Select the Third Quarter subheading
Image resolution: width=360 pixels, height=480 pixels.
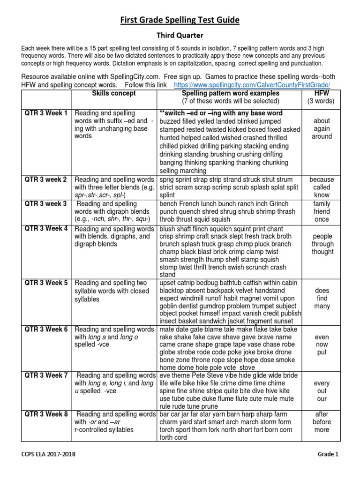pyautogui.click(x=180, y=35)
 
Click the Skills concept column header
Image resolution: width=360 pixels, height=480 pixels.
pyautogui.click(x=114, y=93)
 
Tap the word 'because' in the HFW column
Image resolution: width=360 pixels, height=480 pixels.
pyautogui.click(x=322, y=180)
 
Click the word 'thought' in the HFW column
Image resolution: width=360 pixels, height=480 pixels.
pyautogui.click(x=322, y=252)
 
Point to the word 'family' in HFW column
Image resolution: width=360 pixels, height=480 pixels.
pyautogui.click(x=322, y=204)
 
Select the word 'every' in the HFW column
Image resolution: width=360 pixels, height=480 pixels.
pyautogui.click(x=322, y=383)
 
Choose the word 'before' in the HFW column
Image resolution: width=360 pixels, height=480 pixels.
pyautogui.click(x=322, y=422)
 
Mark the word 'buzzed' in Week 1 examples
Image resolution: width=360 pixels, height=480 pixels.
pyautogui.click(x=172, y=121)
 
